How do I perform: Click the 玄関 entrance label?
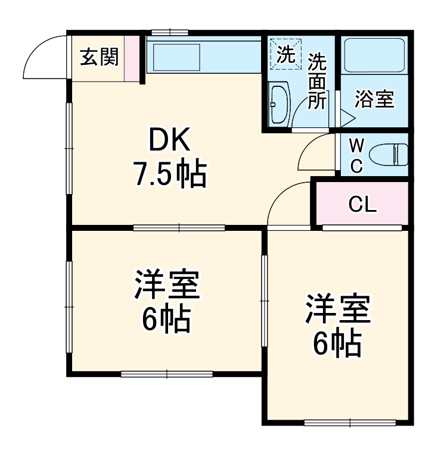tap(100, 57)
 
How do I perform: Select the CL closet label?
tap(362, 205)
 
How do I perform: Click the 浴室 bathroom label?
tap(374, 99)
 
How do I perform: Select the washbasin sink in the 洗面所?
tap(278, 104)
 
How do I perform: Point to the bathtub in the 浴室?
tap(375, 55)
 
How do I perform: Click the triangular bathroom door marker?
tap(347, 117)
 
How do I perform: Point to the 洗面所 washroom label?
tap(317, 81)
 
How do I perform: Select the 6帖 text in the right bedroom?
tap(337, 342)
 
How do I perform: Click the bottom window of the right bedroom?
tap(349, 422)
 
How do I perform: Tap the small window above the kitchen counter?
tap(169, 32)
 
